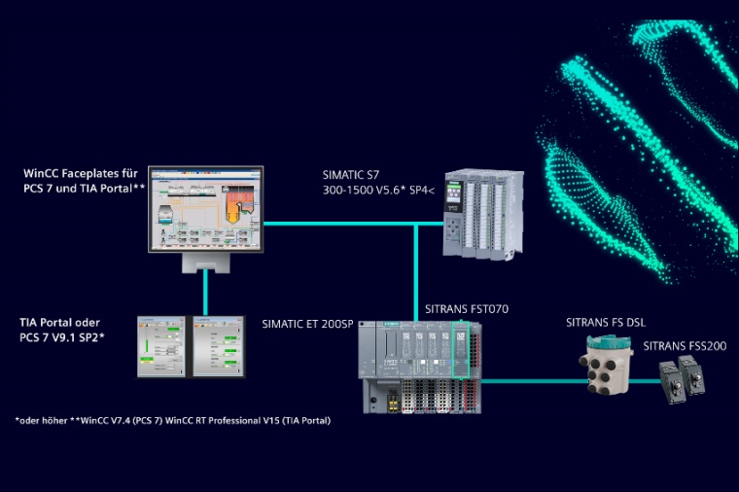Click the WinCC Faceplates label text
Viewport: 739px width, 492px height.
(x=82, y=180)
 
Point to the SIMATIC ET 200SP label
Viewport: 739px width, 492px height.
(x=308, y=322)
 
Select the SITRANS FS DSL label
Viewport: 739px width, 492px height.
(x=605, y=322)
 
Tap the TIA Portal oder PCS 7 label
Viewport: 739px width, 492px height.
(x=60, y=329)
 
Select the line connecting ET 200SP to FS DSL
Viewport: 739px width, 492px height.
(x=530, y=381)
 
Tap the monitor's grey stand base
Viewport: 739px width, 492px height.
(x=206, y=264)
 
